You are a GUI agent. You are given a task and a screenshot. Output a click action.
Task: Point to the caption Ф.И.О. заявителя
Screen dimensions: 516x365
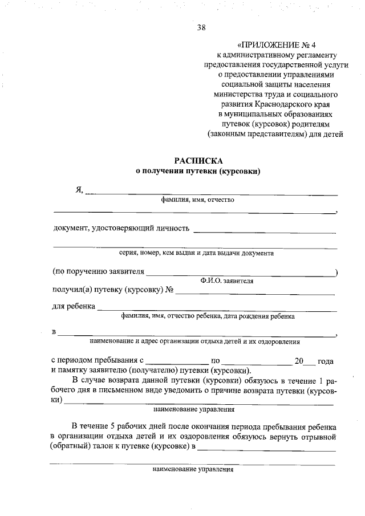pos(226,281)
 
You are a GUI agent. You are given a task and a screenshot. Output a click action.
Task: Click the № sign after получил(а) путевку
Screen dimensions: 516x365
pos(169,290)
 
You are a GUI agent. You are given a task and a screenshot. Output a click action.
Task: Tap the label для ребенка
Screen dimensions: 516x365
pos(74,307)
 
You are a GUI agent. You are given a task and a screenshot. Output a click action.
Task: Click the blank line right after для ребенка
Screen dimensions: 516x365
pos(217,310)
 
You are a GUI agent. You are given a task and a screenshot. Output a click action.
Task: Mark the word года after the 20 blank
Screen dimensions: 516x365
pos(326,361)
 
